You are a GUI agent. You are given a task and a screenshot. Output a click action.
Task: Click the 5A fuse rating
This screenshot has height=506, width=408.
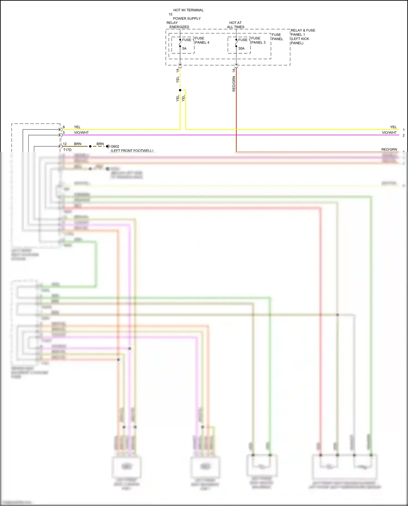pyautogui.click(x=184, y=49)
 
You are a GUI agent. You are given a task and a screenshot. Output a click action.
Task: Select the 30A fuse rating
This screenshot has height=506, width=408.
pyautogui.click(x=241, y=49)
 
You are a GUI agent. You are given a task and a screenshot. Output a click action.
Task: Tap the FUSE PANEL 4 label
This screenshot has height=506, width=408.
pyautogui.click(x=202, y=41)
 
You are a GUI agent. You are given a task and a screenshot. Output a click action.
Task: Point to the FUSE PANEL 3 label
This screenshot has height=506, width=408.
pyautogui.click(x=258, y=41)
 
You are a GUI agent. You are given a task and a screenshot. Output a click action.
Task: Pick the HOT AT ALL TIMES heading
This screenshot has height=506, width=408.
pyautogui.click(x=236, y=25)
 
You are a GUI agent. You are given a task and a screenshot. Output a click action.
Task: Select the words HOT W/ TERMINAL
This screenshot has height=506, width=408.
pyautogui.click(x=188, y=10)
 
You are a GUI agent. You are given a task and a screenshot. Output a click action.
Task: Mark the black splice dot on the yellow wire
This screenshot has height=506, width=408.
pyautogui.click(x=180, y=90)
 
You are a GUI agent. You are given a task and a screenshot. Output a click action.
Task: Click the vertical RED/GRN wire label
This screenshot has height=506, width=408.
pyautogui.click(x=234, y=84)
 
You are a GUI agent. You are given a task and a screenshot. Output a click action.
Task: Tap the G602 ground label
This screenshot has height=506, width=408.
pyautogui.click(x=115, y=147)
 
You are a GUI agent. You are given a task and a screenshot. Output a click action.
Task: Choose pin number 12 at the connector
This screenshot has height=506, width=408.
pyautogui.click(x=65, y=144)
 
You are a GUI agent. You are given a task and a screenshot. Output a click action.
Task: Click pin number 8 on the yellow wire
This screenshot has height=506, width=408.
pyautogui.click(x=64, y=127)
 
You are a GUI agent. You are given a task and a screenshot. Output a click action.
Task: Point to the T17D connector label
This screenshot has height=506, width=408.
pyautogui.click(x=67, y=150)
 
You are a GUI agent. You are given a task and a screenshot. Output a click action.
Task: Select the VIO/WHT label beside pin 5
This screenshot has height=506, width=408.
pyautogui.click(x=81, y=133)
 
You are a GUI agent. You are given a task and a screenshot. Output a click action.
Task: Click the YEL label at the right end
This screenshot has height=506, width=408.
pyautogui.click(x=393, y=127)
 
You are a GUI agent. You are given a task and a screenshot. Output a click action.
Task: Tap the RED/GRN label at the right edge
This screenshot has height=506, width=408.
pyautogui.click(x=389, y=150)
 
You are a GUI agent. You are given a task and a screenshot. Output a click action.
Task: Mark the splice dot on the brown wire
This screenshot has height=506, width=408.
pyautogui.click(x=90, y=147)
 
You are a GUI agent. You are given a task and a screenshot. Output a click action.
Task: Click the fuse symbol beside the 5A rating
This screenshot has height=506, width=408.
pyautogui.click(x=180, y=43)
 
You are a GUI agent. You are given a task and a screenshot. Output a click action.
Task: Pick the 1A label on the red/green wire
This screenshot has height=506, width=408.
pyautogui.click(x=234, y=70)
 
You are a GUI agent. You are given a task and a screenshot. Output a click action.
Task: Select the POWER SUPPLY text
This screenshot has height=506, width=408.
pyautogui.click(x=187, y=19)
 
